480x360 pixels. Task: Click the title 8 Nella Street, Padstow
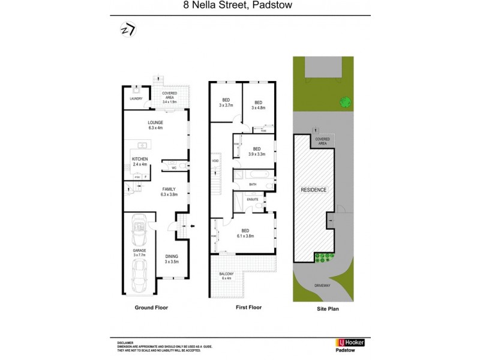[x=240, y=8]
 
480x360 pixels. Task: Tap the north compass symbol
[x=128, y=29]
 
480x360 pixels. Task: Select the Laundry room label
[x=136, y=98]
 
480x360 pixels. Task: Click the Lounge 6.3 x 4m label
[x=156, y=125]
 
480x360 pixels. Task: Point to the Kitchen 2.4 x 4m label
[x=140, y=161]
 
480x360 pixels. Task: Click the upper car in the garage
[x=139, y=229]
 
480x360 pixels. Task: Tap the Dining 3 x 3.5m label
[x=173, y=259]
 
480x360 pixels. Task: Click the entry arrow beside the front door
[x=192, y=226]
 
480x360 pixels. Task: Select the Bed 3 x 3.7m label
[x=226, y=103]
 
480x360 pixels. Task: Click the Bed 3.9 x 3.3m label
[x=257, y=152]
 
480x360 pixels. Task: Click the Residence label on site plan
[x=313, y=190]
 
